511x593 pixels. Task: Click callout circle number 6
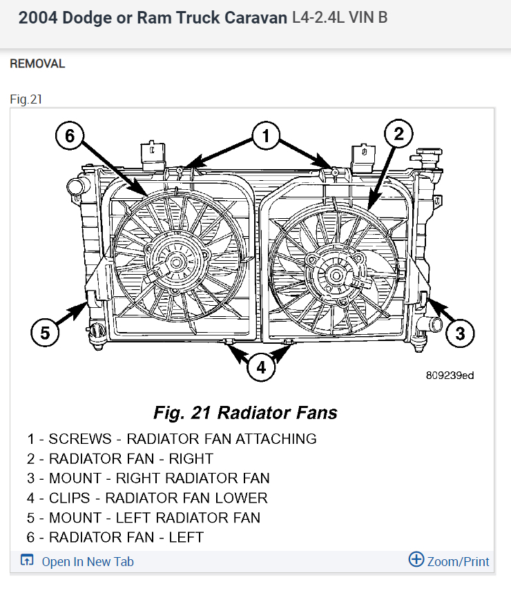[x=69, y=137]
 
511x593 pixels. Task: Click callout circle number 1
[x=266, y=137]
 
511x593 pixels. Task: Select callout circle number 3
[x=460, y=334]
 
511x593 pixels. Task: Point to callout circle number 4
[x=260, y=367]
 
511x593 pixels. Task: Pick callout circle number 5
[x=45, y=333]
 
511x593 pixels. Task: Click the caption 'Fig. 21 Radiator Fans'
[x=245, y=413]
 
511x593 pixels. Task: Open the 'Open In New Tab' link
[x=87, y=561]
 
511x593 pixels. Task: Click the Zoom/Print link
[x=457, y=561]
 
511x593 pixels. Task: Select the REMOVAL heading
[x=37, y=64]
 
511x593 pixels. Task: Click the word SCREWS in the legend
[x=79, y=438]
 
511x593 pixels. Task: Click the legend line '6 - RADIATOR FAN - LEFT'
[x=115, y=537]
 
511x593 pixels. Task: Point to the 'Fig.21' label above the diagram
[x=26, y=99]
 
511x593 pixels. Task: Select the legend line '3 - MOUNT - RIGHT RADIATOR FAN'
[x=148, y=478]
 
